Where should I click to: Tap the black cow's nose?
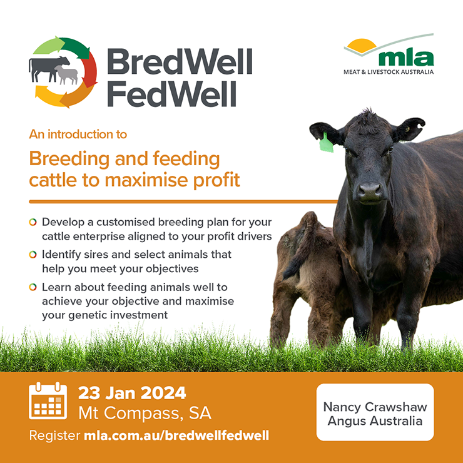[x=369, y=191]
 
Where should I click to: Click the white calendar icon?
[x=48, y=400]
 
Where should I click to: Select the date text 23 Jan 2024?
[x=132, y=393]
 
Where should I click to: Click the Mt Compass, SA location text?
[x=145, y=413]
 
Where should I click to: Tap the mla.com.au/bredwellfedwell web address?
[x=176, y=435]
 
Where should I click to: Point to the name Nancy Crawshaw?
[x=375, y=407]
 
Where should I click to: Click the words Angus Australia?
[x=375, y=421]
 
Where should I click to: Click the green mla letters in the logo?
[x=406, y=58]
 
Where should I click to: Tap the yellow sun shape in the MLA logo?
[x=362, y=46]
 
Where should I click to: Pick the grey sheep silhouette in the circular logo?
[x=67, y=74]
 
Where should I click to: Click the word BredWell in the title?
[x=180, y=61]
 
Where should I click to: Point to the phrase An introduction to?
[x=78, y=135]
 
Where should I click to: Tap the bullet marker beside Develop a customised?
[x=33, y=222]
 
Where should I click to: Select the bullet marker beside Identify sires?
[x=33, y=255]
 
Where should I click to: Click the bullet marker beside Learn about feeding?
[x=33, y=287]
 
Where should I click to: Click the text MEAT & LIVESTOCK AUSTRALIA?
[x=389, y=72]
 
